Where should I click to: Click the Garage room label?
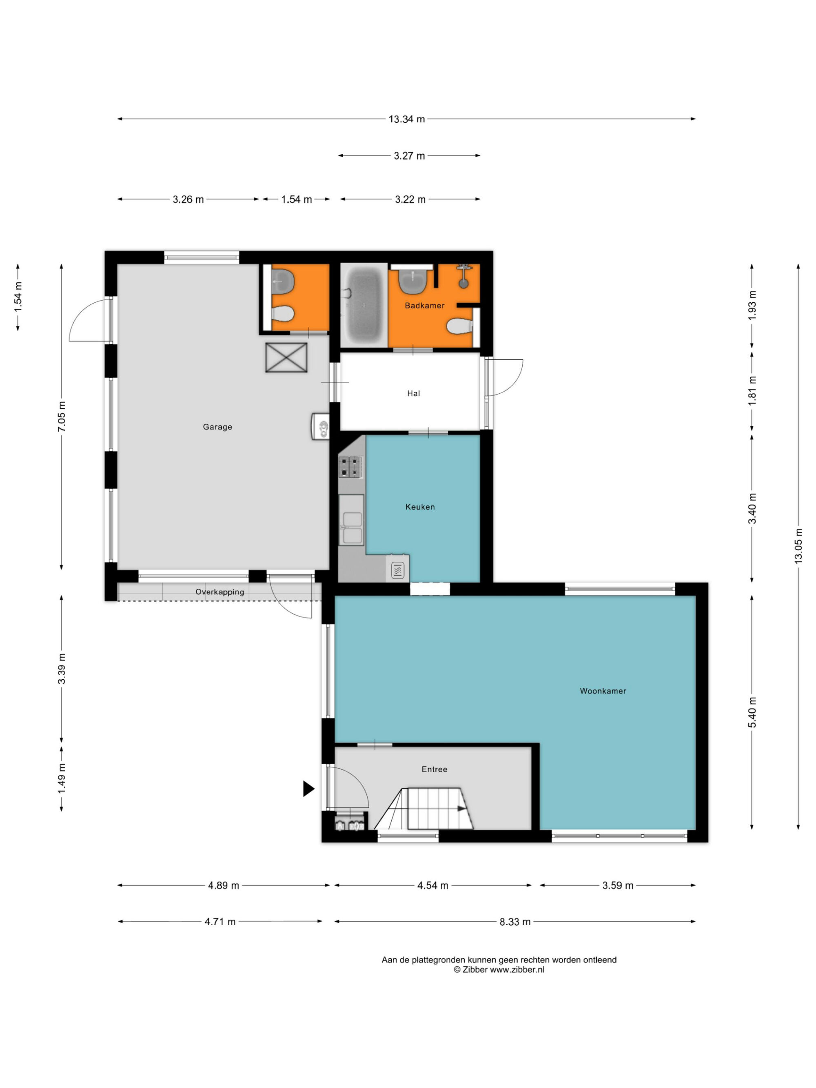[x=217, y=427]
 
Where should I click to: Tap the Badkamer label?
[x=424, y=306]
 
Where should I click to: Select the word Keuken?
[x=420, y=507]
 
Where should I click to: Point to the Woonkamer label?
[x=603, y=691]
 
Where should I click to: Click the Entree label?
[x=434, y=769]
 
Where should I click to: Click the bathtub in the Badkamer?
[x=364, y=305]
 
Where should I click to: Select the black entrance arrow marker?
[x=308, y=789]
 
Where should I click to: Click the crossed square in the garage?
[x=286, y=358]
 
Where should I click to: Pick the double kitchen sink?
[x=351, y=520]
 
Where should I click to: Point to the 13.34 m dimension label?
[x=407, y=119]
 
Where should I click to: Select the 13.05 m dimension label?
[x=798, y=546]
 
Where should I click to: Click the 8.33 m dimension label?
[x=515, y=922]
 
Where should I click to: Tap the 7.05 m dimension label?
[x=62, y=417]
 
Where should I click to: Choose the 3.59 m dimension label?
[x=618, y=885]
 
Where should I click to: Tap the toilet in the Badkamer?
[x=460, y=326]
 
